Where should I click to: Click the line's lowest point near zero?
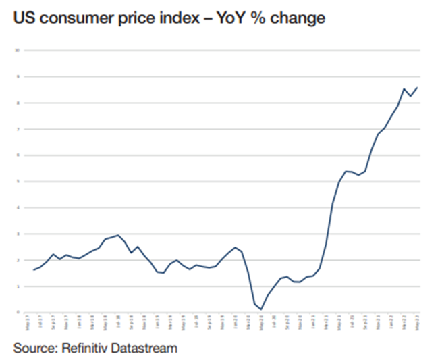(x=261, y=309)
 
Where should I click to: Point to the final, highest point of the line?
(x=418, y=87)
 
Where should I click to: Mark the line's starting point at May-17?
(x=33, y=270)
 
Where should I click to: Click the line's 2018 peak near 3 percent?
(x=118, y=235)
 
